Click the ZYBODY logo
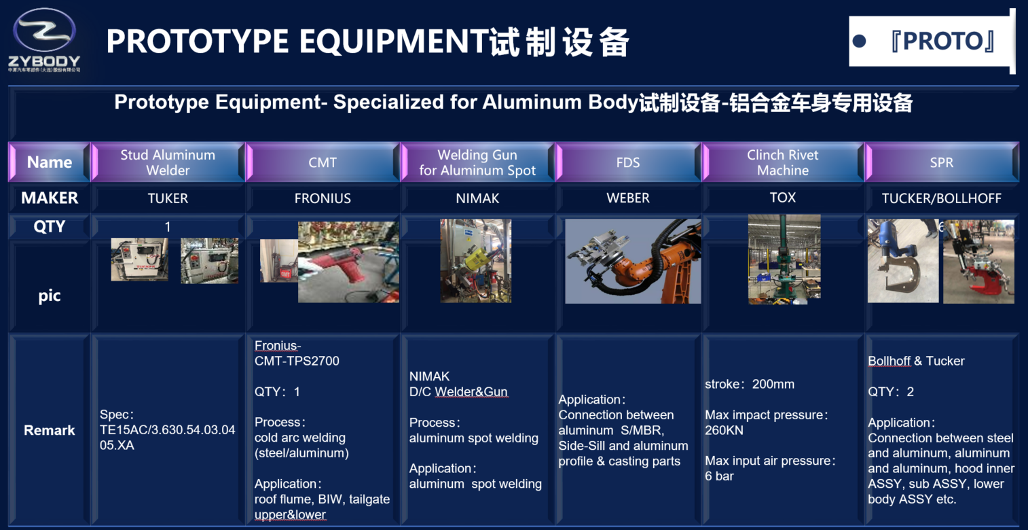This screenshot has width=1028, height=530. click(45, 40)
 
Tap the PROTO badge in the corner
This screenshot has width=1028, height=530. click(931, 41)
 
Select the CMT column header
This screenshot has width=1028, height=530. click(322, 162)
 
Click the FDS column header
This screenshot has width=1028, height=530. click(628, 162)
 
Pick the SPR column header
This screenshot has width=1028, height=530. click(941, 162)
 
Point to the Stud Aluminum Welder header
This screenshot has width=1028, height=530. click(168, 162)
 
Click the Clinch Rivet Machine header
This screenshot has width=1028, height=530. click(782, 162)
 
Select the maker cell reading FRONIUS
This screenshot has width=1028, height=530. click(323, 198)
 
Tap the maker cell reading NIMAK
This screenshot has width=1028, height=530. click(477, 198)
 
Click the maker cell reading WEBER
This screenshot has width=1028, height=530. click(628, 198)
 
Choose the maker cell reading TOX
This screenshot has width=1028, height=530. click(782, 198)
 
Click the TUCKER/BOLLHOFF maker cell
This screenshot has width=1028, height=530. click(941, 198)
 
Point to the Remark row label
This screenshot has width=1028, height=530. click(49, 430)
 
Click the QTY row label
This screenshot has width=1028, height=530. click(49, 226)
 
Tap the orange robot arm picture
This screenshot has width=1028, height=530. click(633, 261)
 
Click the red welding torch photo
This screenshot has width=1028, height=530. click(348, 262)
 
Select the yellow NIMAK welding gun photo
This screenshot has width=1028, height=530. click(475, 260)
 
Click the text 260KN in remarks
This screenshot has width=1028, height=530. click(724, 430)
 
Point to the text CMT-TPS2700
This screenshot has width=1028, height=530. click(297, 361)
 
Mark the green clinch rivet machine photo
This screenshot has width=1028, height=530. click(784, 259)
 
